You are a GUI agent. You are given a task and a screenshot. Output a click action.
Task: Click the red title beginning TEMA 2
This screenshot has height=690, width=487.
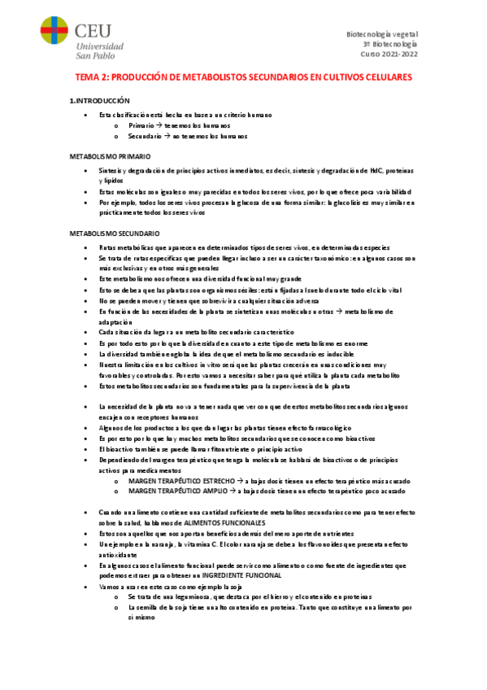244,77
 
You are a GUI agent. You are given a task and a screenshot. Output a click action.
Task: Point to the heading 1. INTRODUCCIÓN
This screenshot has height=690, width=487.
101,100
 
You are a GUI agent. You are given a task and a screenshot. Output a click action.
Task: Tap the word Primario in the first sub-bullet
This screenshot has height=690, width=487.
143,127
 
